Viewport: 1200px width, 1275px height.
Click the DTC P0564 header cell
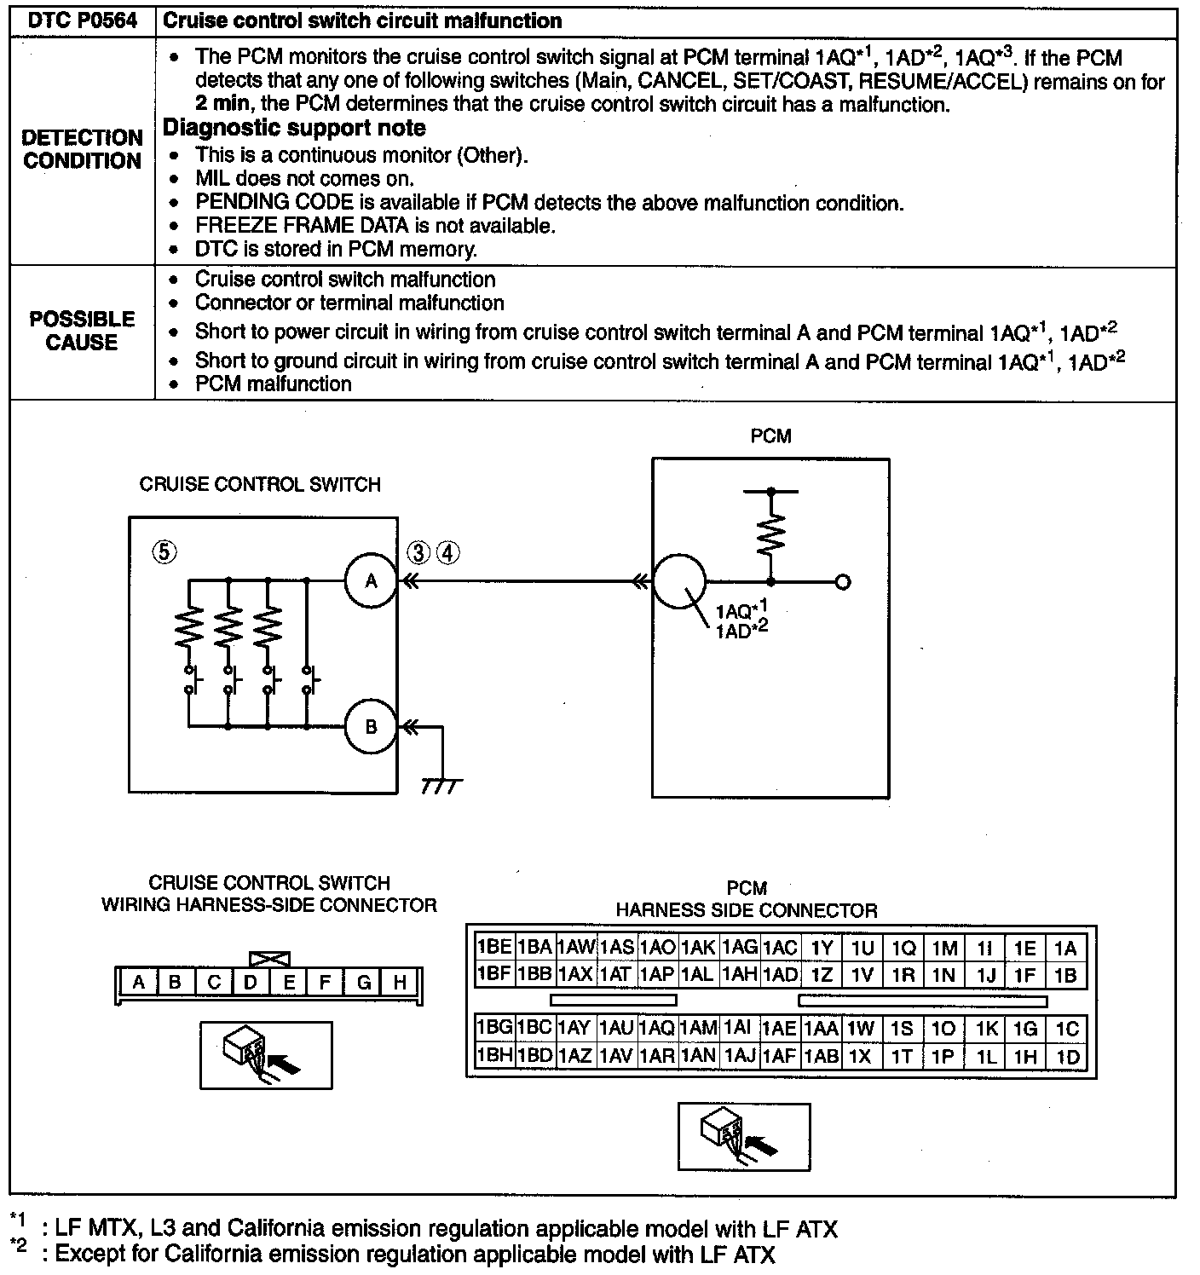[83, 20]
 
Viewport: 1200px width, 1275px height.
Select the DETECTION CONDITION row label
[82, 149]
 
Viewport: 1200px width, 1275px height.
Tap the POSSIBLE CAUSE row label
[82, 331]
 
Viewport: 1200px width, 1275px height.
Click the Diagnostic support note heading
[294, 128]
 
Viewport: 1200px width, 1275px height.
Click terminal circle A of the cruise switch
[371, 581]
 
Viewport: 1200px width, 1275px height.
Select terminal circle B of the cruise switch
[371, 727]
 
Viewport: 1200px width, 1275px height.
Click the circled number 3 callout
[419, 552]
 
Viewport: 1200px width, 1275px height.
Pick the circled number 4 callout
[448, 552]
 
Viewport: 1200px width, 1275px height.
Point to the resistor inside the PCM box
[771, 537]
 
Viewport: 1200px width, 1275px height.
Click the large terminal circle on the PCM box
[679, 581]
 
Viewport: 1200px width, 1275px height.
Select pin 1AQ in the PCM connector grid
[657, 1029]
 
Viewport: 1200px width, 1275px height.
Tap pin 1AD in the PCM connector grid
[780, 974]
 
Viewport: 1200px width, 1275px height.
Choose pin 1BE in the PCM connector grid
[494, 948]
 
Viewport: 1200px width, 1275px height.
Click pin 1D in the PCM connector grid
[1067, 1057]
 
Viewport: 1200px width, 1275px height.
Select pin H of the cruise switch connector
[399, 983]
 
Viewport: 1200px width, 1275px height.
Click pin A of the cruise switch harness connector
[138, 983]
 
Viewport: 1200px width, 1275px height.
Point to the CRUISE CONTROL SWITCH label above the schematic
[260, 484]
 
